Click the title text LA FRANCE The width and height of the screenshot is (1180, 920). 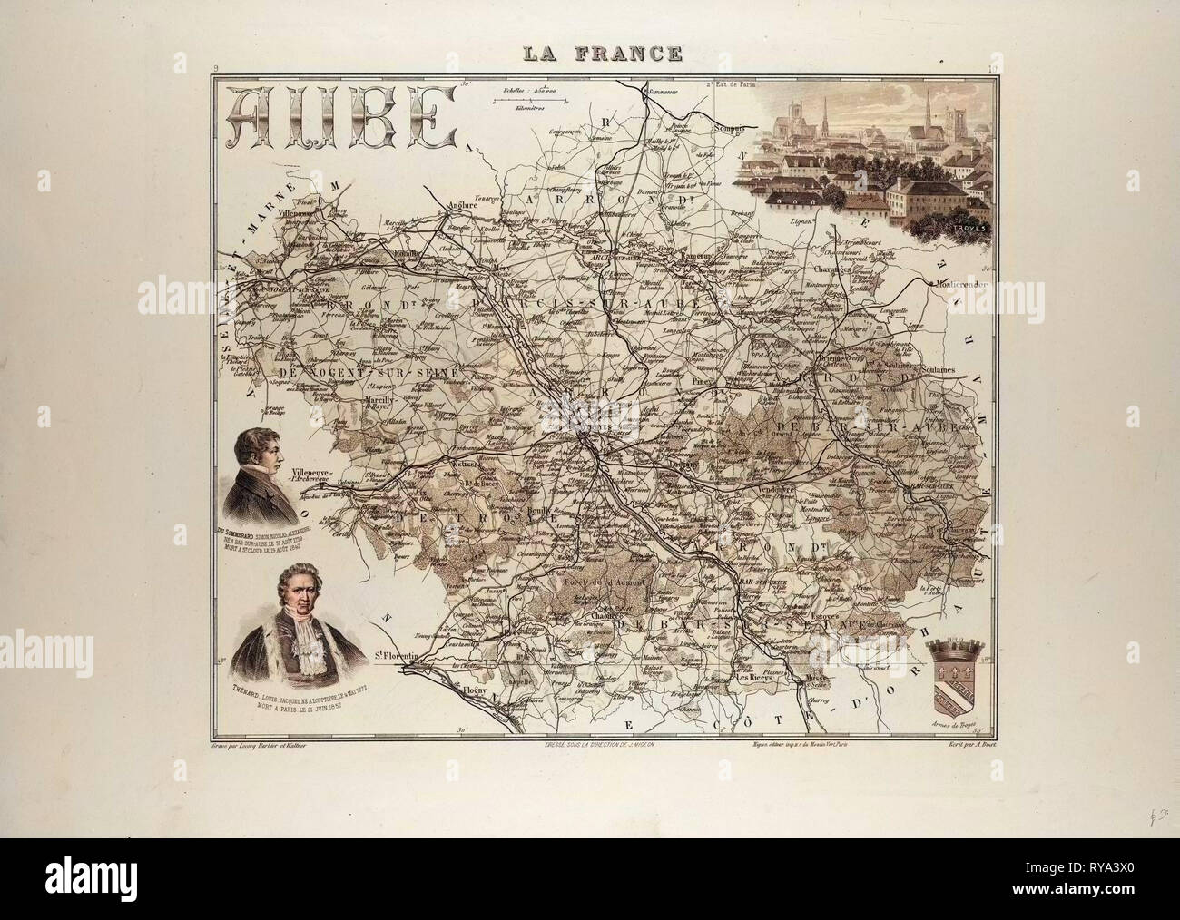pyautogui.click(x=602, y=54)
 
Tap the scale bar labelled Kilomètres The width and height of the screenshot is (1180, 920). pyautogui.click(x=526, y=102)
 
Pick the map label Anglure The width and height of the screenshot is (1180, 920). pyautogui.click(x=462, y=205)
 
